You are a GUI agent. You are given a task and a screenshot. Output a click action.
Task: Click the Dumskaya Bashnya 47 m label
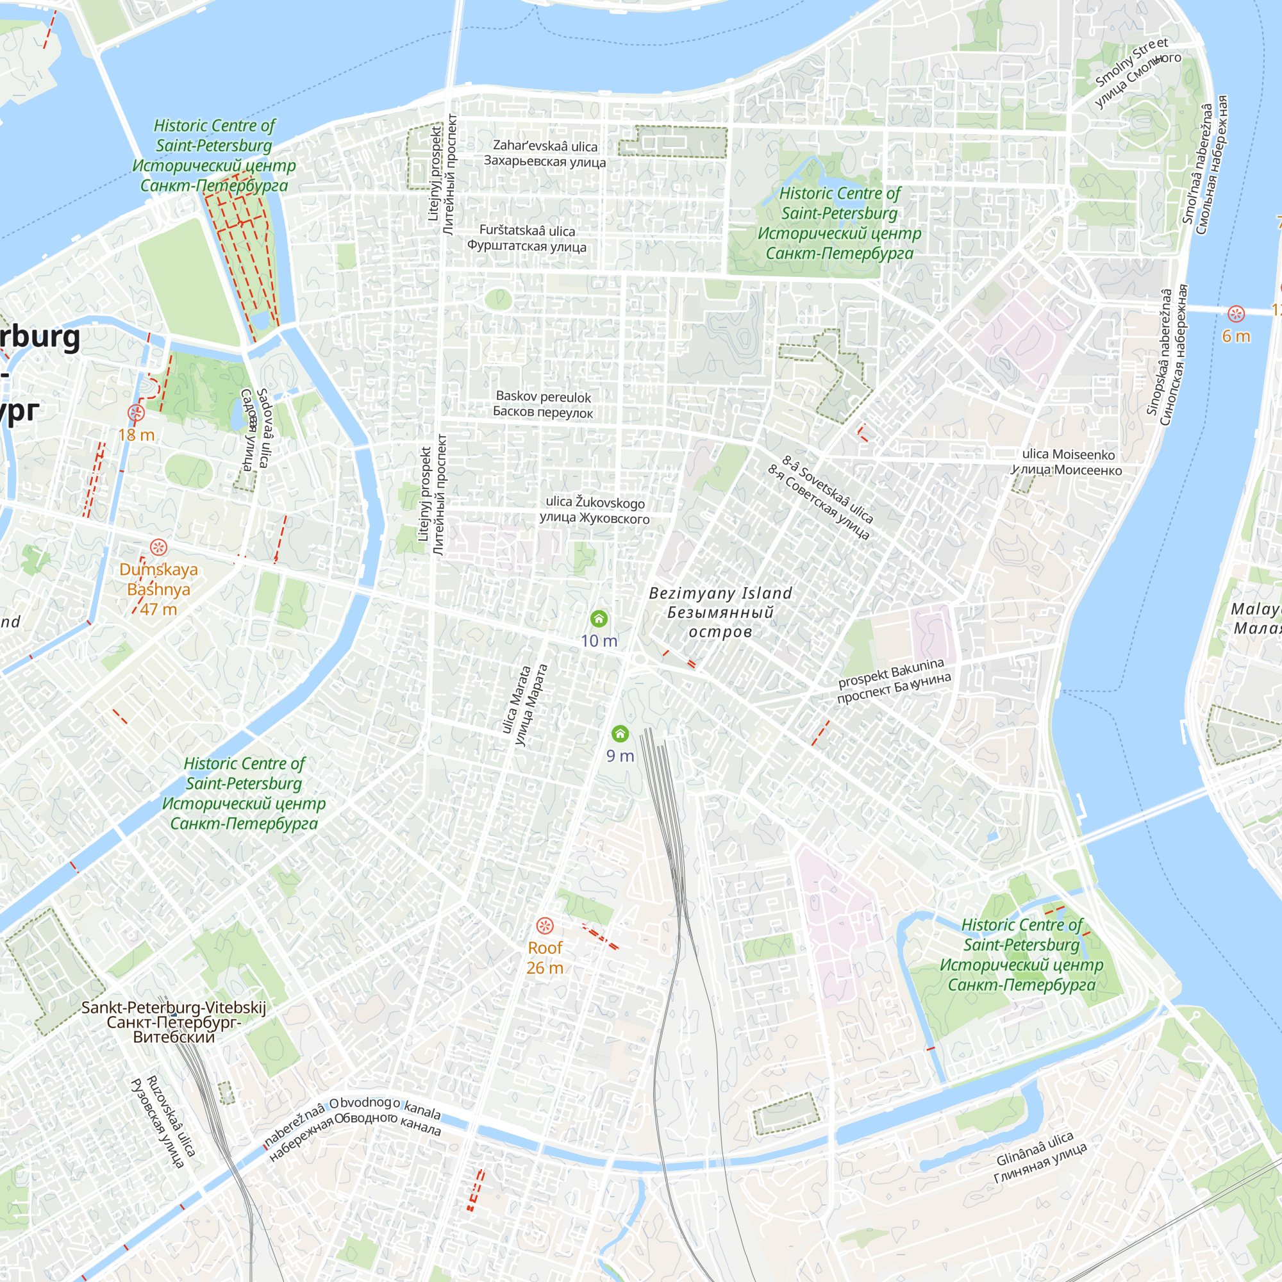tap(158, 588)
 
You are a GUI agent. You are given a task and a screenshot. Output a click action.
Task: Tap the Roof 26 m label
tap(545, 958)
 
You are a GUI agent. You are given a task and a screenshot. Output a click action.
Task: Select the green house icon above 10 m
tap(599, 619)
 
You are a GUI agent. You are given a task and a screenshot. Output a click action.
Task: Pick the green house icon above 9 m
tap(620, 733)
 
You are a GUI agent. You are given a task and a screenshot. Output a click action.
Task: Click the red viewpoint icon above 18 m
tap(136, 413)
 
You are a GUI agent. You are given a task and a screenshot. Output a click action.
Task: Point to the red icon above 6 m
tap(1236, 314)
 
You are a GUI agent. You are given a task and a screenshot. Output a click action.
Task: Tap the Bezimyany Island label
tap(720, 612)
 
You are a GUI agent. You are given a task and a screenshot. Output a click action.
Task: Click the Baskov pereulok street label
tap(543, 404)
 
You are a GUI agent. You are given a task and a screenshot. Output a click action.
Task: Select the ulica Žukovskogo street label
tap(595, 510)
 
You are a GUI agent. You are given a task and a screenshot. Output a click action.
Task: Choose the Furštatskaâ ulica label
tap(527, 238)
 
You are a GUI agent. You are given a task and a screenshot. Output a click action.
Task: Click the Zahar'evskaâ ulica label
tap(545, 153)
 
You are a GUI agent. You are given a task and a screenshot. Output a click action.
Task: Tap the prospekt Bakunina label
tap(893, 681)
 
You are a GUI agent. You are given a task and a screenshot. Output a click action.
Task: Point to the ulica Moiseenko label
tap(1068, 462)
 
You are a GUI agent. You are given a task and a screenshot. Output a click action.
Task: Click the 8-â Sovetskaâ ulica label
tap(822, 497)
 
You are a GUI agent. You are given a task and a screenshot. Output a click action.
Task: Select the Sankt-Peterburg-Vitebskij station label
tap(173, 1022)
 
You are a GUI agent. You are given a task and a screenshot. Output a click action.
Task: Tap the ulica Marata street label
tap(524, 704)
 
